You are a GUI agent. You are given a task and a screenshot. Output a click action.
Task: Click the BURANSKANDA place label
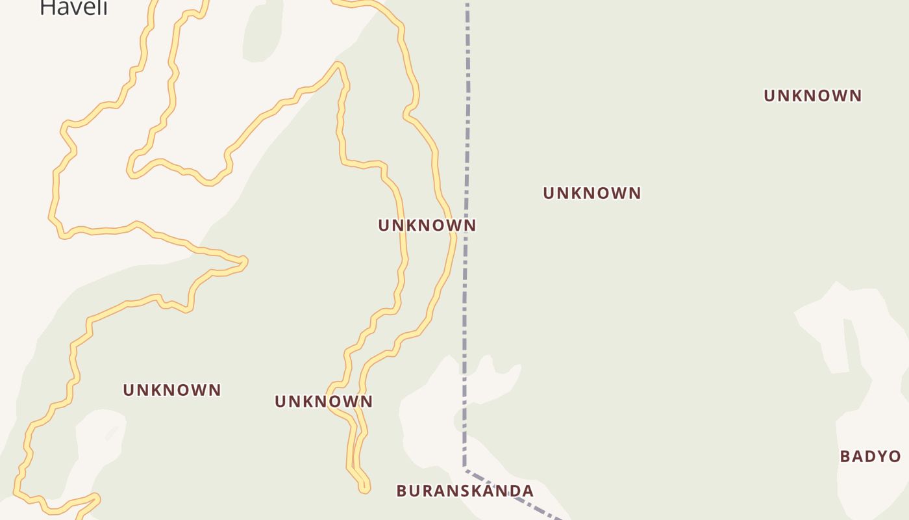point(465,491)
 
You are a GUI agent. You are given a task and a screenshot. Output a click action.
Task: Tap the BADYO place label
point(870,456)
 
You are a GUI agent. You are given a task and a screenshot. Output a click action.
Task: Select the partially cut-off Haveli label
point(73,8)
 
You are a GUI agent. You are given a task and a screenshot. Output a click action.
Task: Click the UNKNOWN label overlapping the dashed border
point(427,226)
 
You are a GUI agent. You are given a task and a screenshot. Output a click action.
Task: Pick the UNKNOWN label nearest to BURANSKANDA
point(323,402)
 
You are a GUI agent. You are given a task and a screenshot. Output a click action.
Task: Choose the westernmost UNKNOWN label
point(172,390)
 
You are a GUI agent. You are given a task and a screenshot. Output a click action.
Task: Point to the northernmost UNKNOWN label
point(812,96)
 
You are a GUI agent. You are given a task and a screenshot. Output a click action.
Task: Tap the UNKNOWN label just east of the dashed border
point(591,193)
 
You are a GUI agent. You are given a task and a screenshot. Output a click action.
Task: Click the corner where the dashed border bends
point(465,467)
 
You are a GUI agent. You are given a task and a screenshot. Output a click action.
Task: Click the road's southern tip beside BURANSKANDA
point(366,489)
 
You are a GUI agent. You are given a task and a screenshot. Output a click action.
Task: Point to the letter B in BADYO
point(845,456)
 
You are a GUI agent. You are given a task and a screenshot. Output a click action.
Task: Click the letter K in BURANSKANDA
point(474,491)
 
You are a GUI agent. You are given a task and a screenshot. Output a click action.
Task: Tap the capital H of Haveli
point(47,7)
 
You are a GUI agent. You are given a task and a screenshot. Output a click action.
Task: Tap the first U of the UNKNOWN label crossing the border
point(384,226)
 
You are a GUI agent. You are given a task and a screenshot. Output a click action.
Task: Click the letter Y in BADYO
point(880,456)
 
